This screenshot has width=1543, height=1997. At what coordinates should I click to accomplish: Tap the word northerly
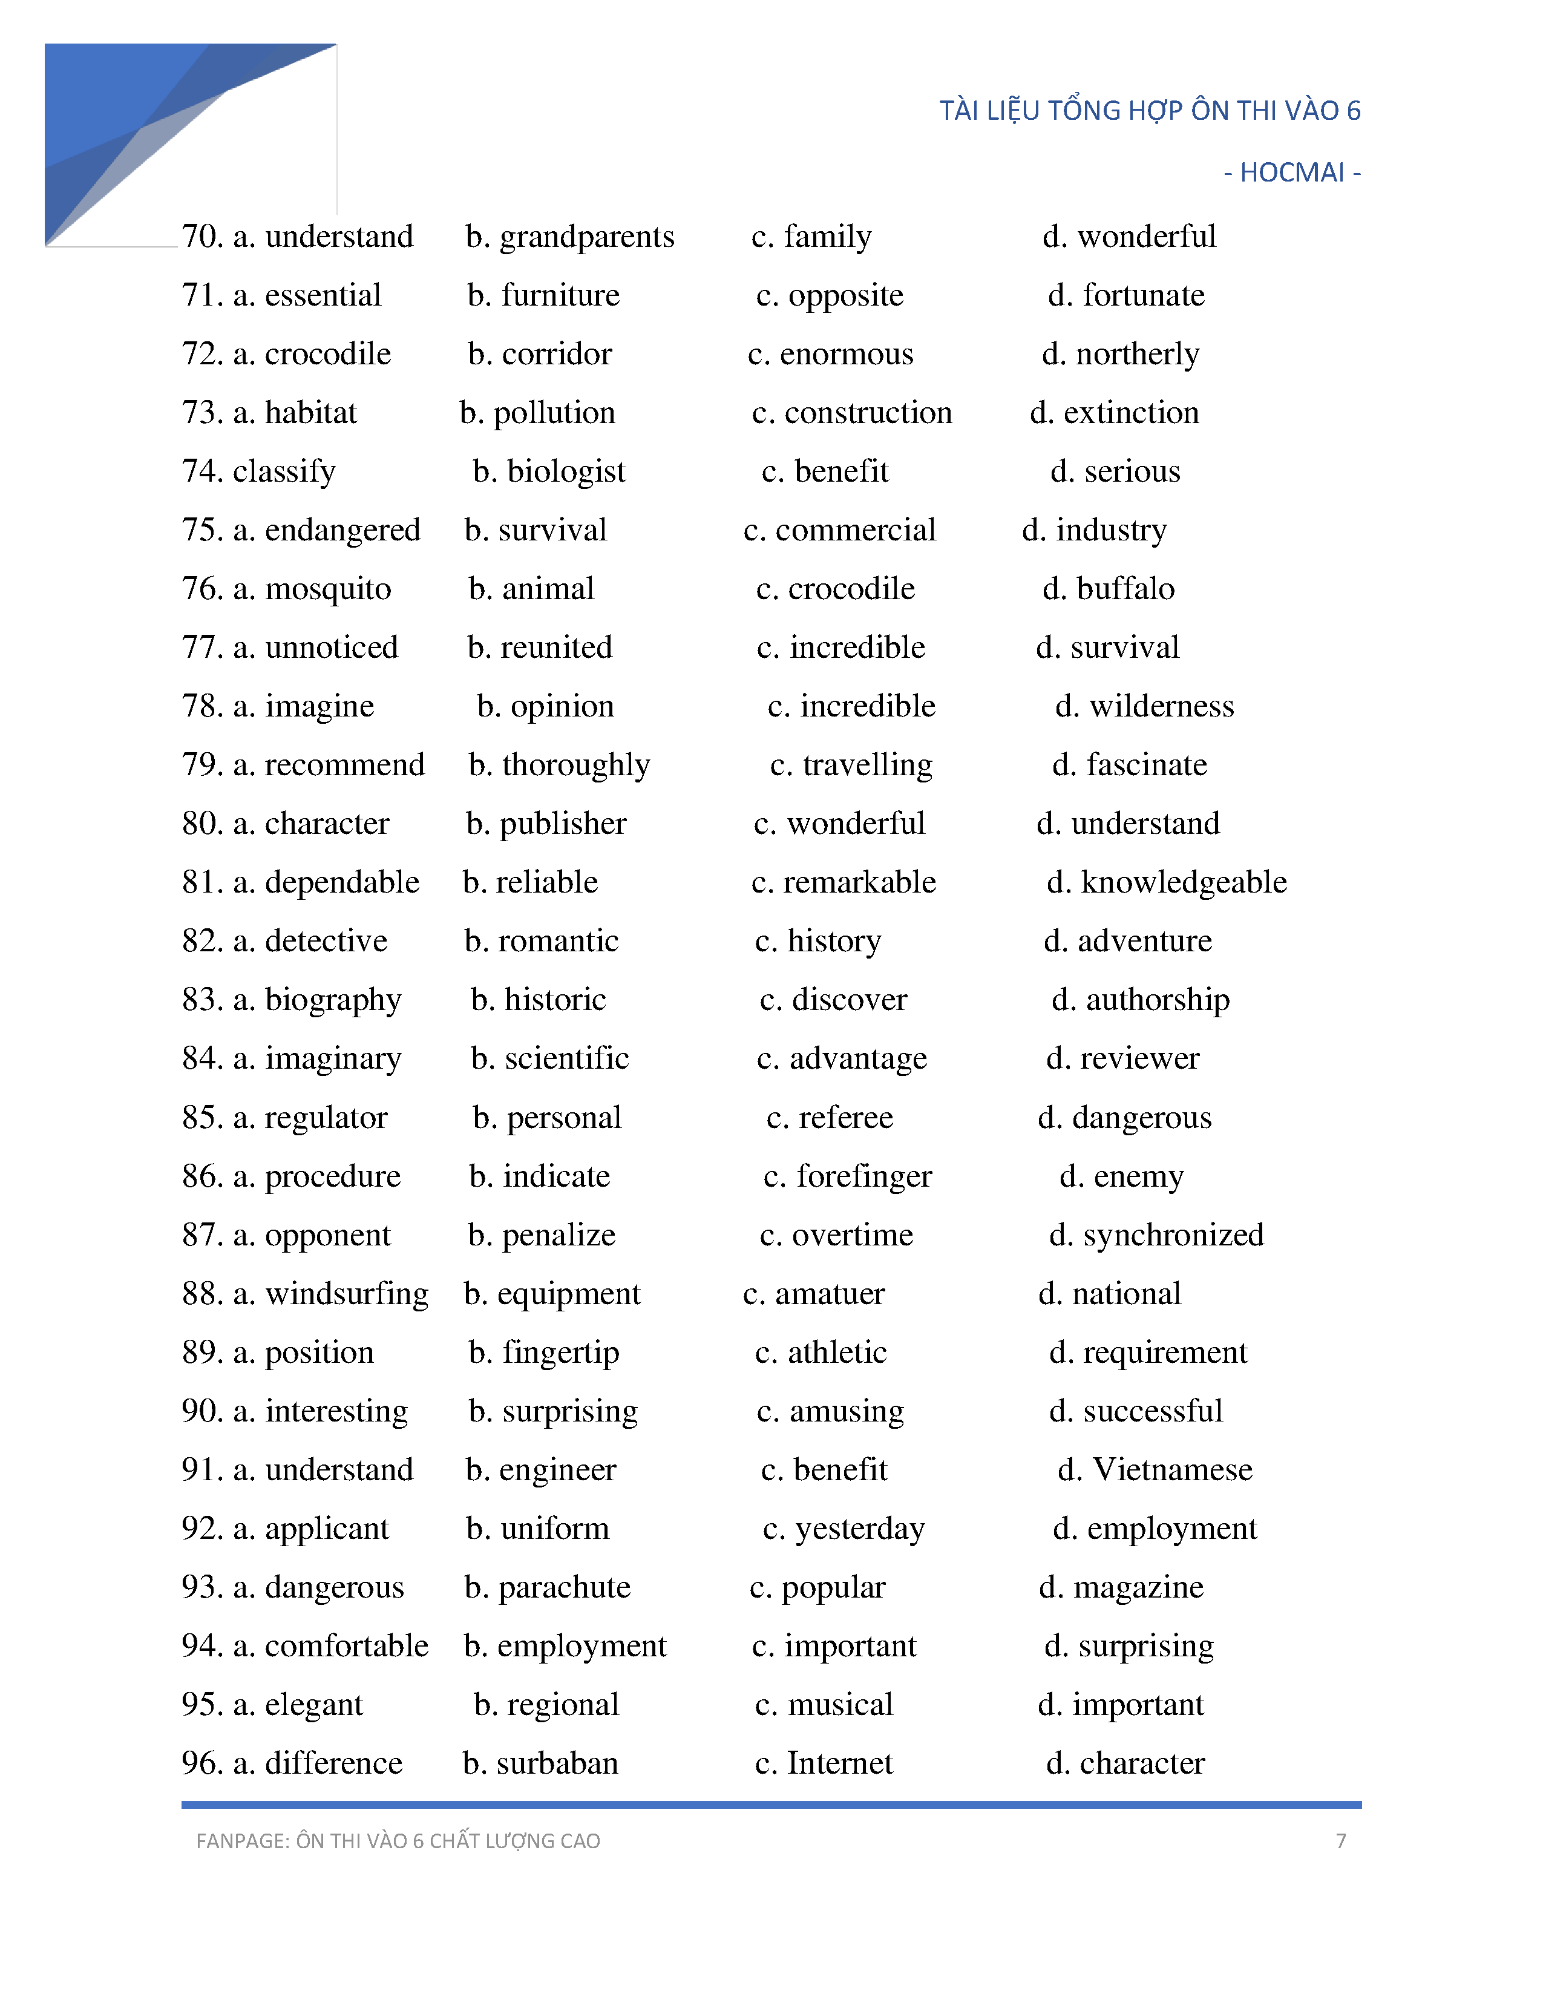(1137, 355)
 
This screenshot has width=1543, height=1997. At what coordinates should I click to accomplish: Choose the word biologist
(566, 472)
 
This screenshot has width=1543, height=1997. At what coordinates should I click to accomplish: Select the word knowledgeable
(1183, 882)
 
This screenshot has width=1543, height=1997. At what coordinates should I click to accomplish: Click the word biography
(333, 1000)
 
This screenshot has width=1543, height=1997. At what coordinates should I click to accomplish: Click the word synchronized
(1173, 1235)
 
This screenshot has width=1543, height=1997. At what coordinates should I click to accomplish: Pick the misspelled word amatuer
(829, 1294)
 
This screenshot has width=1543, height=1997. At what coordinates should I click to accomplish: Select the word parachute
(564, 1587)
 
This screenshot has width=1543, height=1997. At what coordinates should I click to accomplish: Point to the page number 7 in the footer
(1340, 1841)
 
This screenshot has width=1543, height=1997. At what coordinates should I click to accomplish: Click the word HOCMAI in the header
(1292, 173)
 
